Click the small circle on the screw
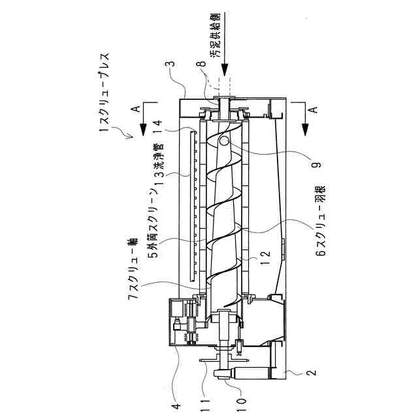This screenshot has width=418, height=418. [224, 141]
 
